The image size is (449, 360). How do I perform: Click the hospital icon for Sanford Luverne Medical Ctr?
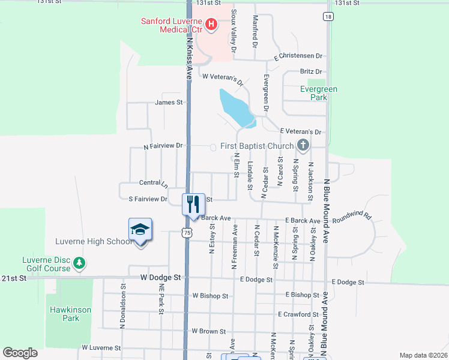pyautogui.click(x=211, y=25)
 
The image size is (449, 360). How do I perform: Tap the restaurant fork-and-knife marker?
pyautogui.click(x=193, y=204)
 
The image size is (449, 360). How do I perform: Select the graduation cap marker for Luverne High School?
pyautogui.click(x=140, y=231)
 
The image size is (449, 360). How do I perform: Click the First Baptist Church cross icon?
pyautogui.click(x=303, y=145)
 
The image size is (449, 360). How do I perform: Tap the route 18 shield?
pyautogui.click(x=327, y=16)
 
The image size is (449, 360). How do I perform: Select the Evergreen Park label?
pyautogui.click(x=319, y=93)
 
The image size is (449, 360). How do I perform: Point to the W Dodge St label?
pyautogui.click(x=160, y=278)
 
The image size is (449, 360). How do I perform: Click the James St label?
pyautogui.click(x=169, y=103)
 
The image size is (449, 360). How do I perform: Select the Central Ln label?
pyautogui.click(x=153, y=182)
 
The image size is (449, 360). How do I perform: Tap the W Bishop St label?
pyautogui.click(x=210, y=296)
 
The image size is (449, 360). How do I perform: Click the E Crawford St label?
pyautogui.click(x=298, y=314)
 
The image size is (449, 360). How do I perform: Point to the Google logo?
pyautogui.click(x=20, y=353)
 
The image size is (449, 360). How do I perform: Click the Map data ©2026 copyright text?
pyautogui.click(x=423, y=355)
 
